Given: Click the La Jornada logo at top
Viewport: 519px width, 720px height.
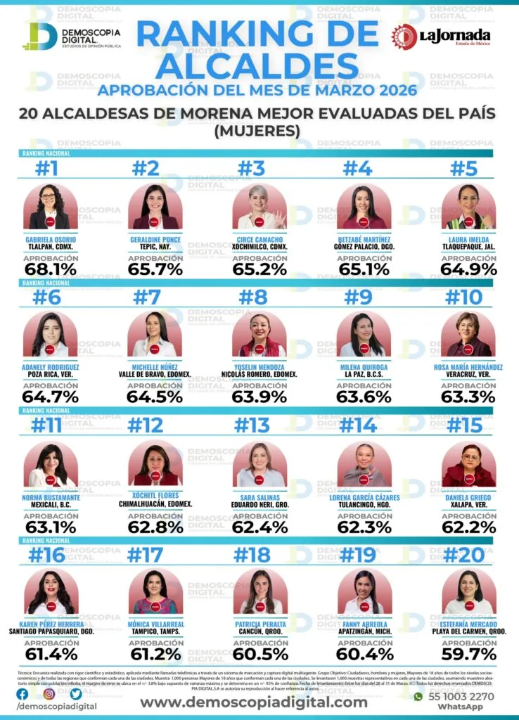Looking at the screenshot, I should point(441,35).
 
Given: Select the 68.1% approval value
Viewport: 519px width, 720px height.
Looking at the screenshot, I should point(49,269).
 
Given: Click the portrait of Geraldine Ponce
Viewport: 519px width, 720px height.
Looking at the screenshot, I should point(154,207).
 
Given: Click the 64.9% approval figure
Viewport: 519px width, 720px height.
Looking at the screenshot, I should point(468,269).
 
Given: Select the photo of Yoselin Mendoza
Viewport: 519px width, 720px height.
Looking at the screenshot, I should point(259,334).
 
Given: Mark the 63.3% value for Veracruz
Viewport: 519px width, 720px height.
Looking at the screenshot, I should point(468,397).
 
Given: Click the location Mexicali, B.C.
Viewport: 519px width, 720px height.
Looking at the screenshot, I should point(50,504).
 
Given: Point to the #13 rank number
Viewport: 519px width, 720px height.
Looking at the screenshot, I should point(253,425).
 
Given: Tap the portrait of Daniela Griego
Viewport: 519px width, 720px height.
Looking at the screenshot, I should point(468,465).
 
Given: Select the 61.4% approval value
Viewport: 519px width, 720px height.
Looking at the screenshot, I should point(49,655).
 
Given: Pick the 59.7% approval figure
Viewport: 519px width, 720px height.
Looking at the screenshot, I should point(468,655).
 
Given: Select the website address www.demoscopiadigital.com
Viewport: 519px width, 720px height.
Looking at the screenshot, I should point(253,702).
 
